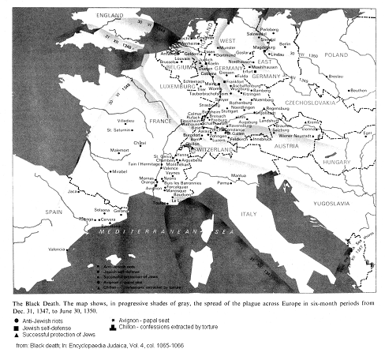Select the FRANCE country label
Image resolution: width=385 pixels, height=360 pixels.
(161, 122)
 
